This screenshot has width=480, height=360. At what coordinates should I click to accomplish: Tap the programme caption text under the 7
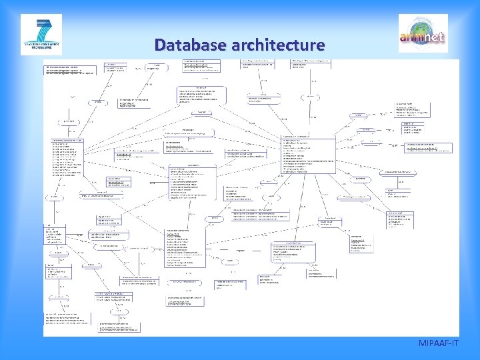coord(41,48)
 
